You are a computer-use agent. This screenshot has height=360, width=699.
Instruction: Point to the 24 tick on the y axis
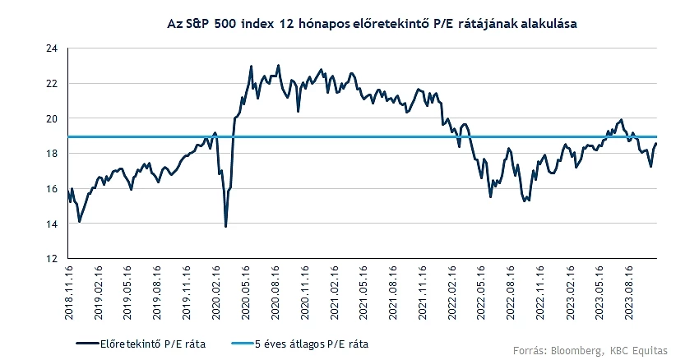(52, 48)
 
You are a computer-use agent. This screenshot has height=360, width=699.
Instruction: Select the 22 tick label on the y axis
(52, 84)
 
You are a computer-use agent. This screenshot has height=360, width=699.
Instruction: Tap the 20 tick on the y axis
(52, 119)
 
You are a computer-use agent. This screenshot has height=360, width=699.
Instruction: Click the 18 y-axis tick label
(52, 154)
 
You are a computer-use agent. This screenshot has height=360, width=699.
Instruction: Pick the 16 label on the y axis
(52, 189)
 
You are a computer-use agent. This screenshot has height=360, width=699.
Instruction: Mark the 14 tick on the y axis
(52, 224)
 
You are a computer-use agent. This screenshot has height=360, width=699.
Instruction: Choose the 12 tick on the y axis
(52, 259)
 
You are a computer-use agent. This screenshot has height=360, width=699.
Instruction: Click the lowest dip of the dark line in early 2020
(225, 226)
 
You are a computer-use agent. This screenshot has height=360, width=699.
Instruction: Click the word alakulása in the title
(541, 24)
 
